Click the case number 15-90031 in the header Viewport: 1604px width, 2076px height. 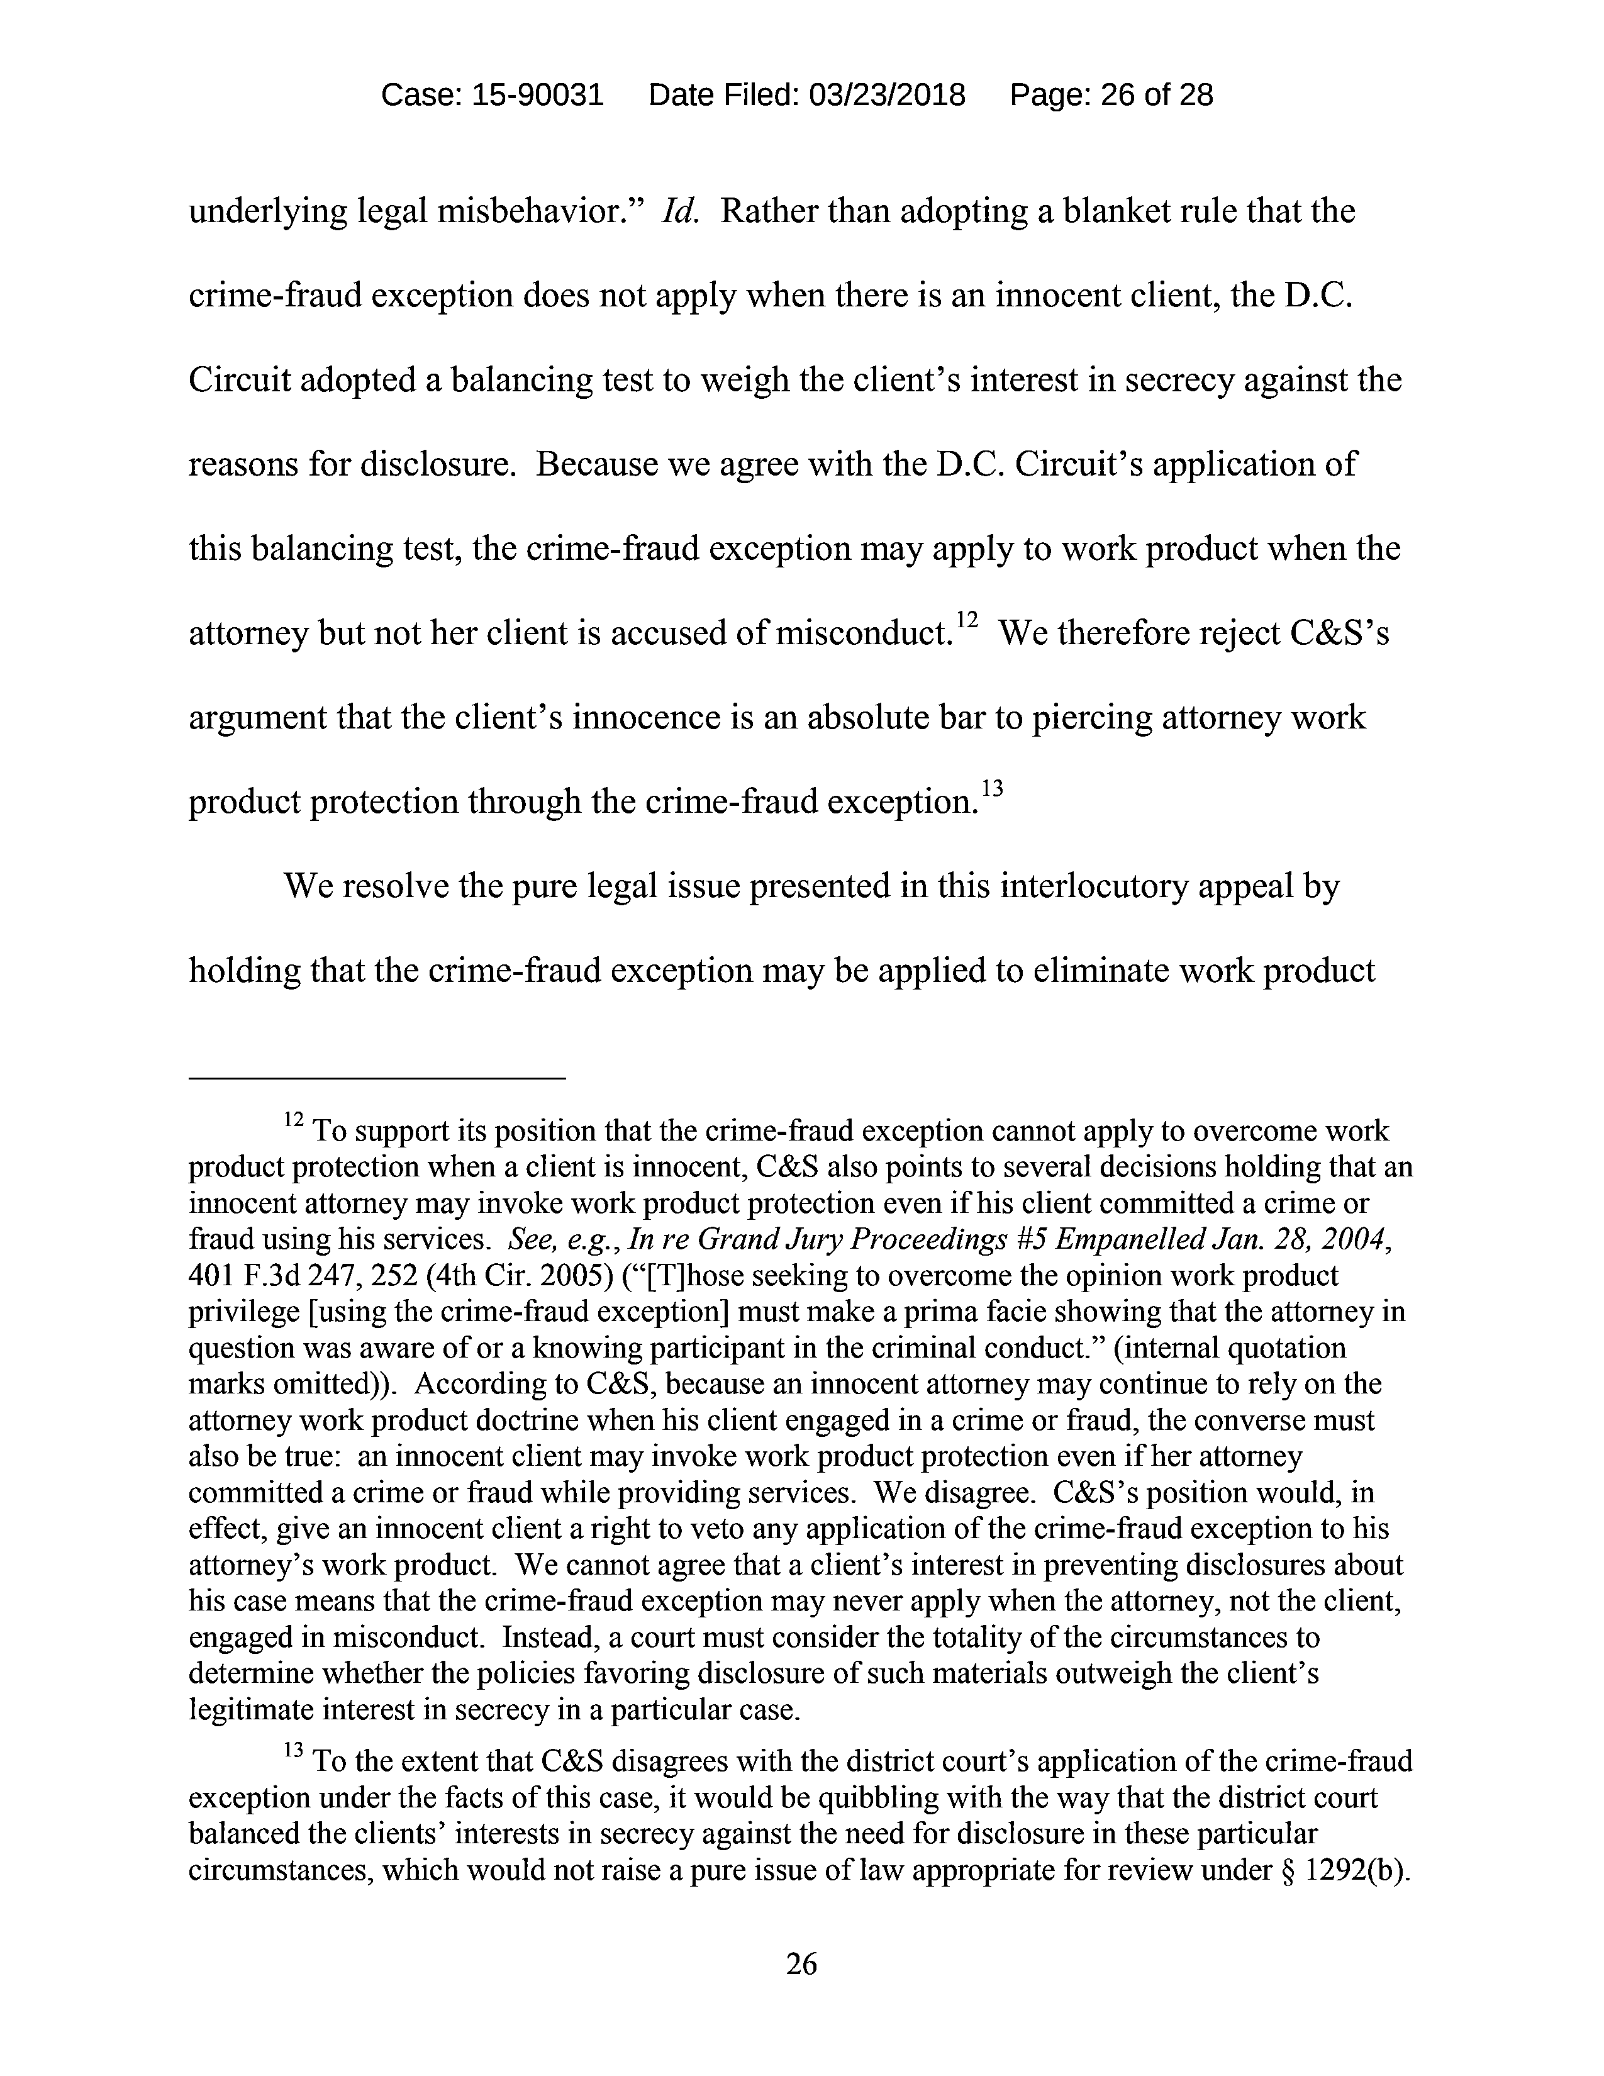point(537,95)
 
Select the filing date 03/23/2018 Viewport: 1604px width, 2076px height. point(886,95)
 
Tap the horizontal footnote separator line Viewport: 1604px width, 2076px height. point(377,1078)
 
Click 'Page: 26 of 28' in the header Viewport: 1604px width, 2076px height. point(1111,95)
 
